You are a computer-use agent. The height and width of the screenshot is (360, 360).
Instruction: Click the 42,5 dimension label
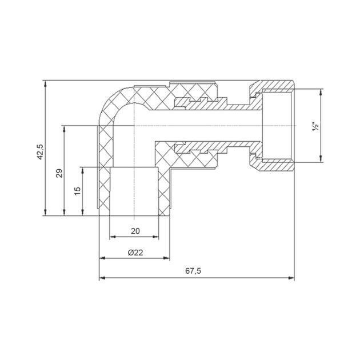click(x=40, y=152)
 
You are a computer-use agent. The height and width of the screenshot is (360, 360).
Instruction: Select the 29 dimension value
click(x=59, y=173)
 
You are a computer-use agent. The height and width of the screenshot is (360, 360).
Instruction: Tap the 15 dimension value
click(x=78, y=191)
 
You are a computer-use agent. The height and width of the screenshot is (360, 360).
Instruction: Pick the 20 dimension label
click(x=135, y=231)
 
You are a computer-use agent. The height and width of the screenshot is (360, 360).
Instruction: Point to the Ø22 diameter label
click(x=135, y=253)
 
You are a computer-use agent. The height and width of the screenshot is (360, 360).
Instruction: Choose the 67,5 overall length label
click(x=193, y=271)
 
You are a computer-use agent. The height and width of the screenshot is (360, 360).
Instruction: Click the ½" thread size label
click(x=315, y=126)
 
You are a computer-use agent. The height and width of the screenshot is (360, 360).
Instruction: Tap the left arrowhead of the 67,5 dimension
click(x=102, y=278)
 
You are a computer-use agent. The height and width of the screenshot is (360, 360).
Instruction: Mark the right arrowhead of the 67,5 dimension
click(x=291, y=278)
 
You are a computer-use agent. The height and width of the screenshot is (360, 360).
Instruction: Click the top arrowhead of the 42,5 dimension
click(x=46, y=83)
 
